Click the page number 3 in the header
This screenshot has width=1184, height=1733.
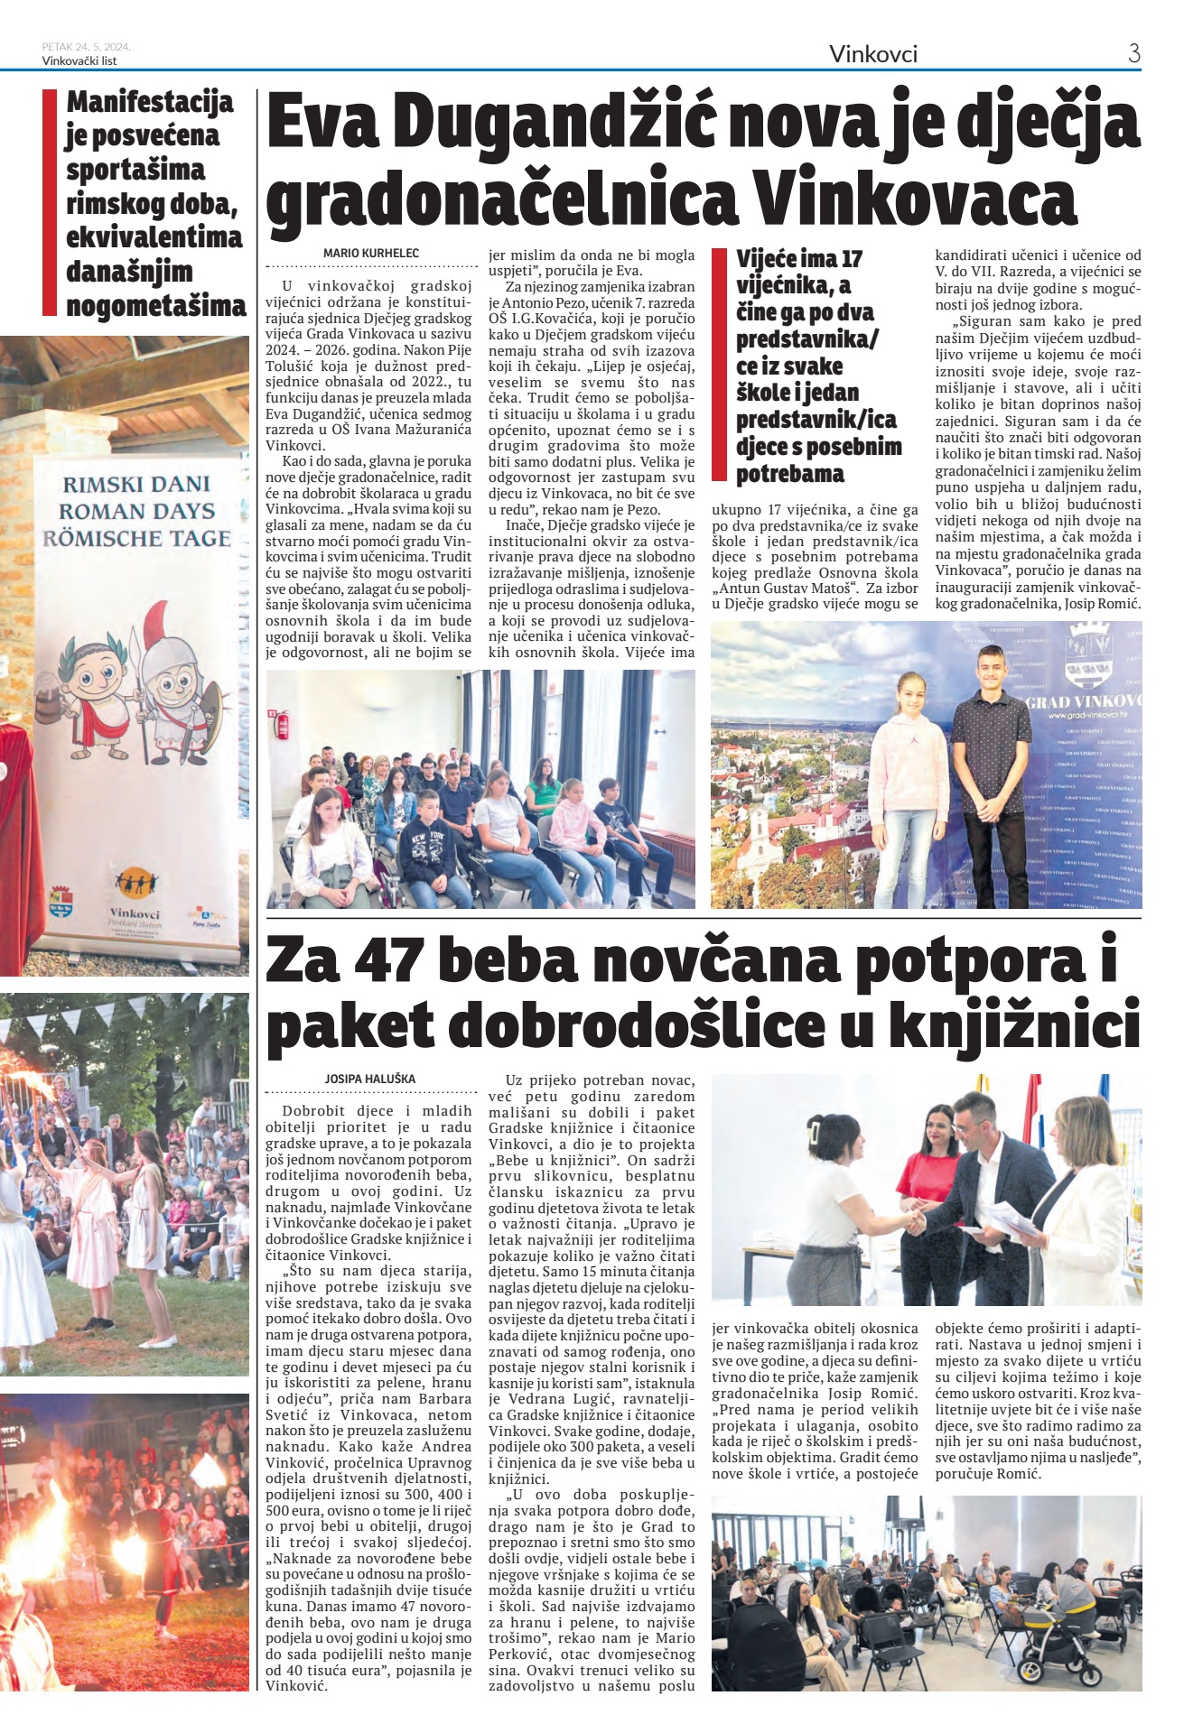1133,53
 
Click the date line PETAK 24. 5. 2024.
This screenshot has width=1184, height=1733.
87,47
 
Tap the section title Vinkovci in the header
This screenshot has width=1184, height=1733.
872,54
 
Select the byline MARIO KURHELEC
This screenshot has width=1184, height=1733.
371,254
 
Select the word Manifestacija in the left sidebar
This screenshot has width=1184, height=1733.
150,102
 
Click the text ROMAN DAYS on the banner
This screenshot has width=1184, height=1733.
137,512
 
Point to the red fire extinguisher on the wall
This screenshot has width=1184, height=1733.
281,722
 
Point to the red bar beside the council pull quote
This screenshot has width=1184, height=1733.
719,365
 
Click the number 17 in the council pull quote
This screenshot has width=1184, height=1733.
851,259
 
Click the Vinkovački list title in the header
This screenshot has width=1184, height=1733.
79,61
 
